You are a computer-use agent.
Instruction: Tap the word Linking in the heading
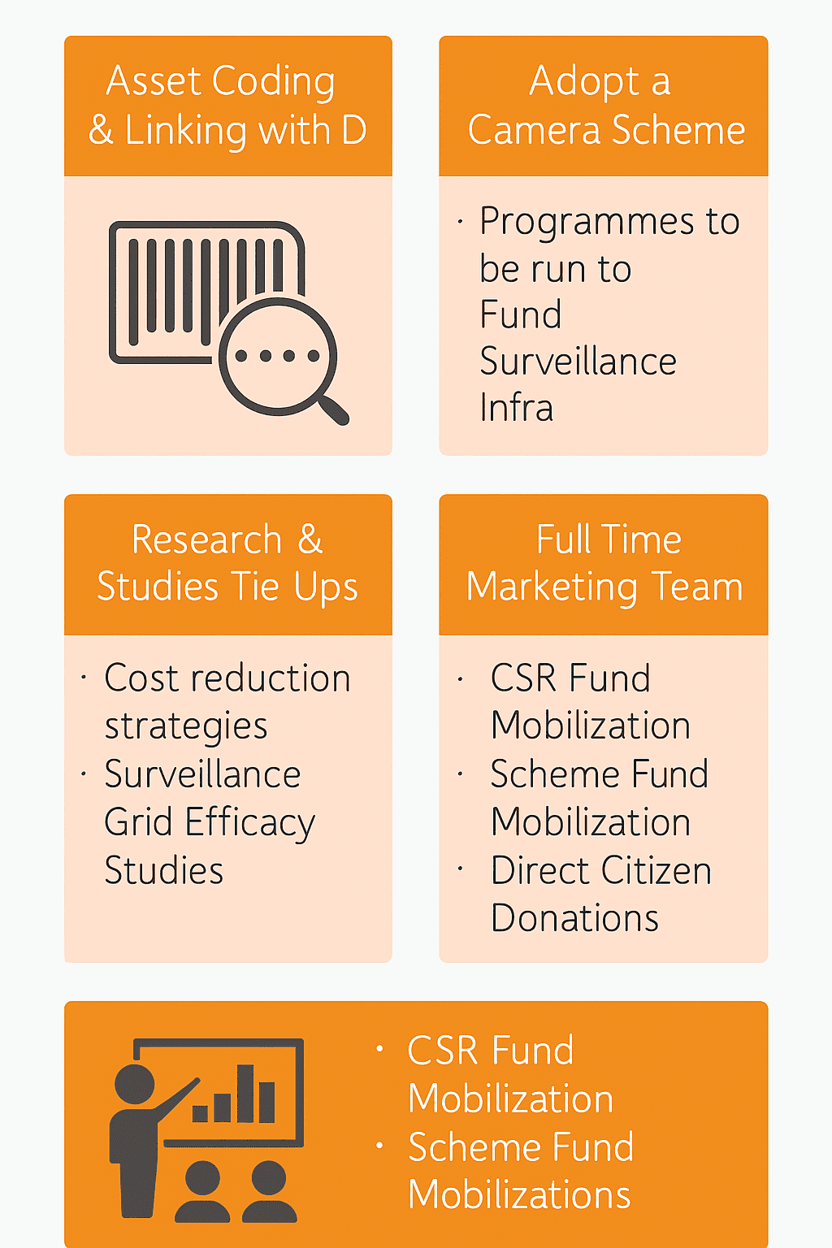pyautogui.click(x=185, y=131)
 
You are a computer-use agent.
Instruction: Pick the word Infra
pyautogui.click(x=516, y=407)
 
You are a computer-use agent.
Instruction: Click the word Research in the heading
pyautogui.click(x=206, y=539)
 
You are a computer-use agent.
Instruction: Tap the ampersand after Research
pyautogui.click(x=310, y=539)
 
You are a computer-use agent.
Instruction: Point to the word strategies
pyautogui.click(x=186, y=727)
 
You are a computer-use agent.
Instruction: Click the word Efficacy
pyautogui.click(x=250, y=823)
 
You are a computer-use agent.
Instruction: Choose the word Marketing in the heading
pyautogui.click(x=552, y=587)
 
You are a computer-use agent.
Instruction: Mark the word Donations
pyautogui.click(x=574, y=918)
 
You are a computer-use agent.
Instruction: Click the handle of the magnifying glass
pyautogui.click(x=333, y=410)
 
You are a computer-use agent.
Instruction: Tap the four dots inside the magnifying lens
pyautogui.click(x=278, y=356)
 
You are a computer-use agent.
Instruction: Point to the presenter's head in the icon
pyautogui.click(x=134, y=1084)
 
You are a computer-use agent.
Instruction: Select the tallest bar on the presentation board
pyautogui.click(x=245, y=1094)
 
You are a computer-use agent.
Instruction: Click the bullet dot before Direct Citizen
pyautogui.click(x=461, y=869)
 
